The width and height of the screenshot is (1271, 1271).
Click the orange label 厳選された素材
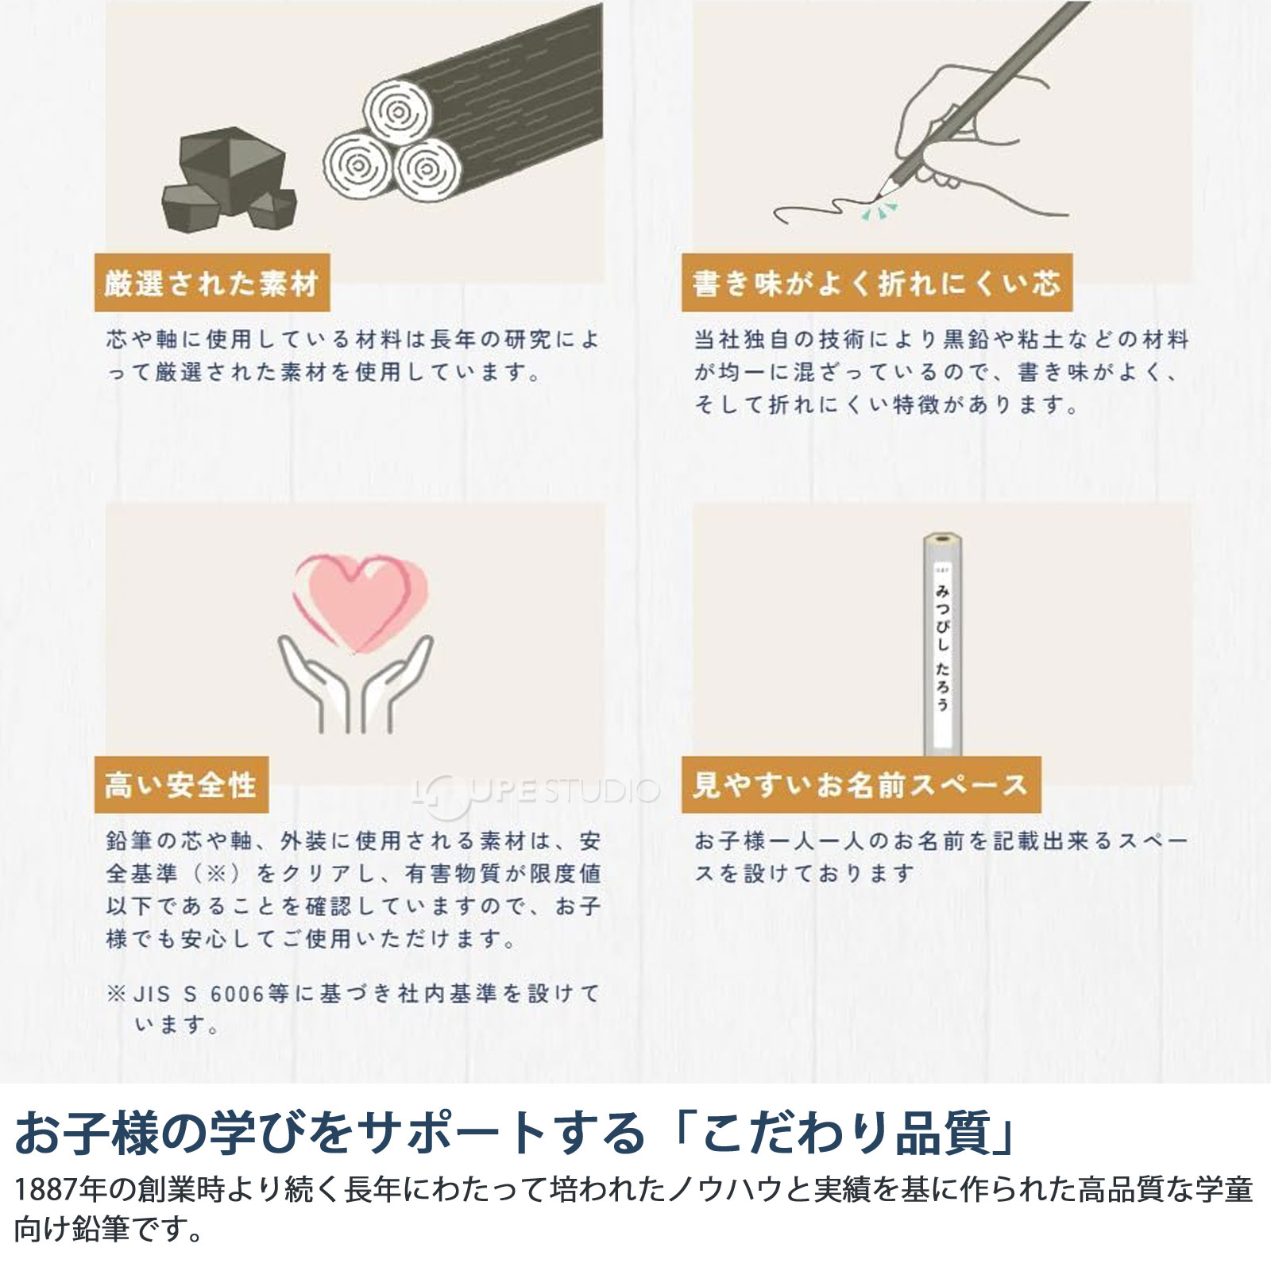tap(211, 283)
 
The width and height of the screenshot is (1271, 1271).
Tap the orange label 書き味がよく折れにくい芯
tap(876, 283)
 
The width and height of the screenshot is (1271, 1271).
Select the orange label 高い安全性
tap(181, 785)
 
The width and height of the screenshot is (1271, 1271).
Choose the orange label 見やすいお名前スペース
tap(860, 785)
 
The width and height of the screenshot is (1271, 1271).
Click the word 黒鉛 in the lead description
tap(966, 340)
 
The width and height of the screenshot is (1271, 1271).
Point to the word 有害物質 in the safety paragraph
tap(454, 874)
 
